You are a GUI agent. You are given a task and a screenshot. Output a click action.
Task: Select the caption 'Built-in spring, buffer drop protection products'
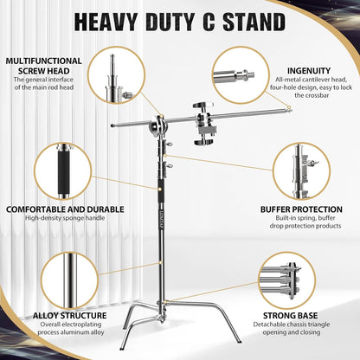coord(303,224)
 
